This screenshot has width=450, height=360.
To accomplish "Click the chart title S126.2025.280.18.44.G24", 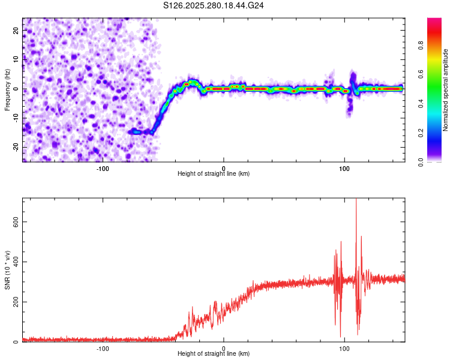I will click(x=214, y=5).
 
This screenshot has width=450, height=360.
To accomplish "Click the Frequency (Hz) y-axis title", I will click(x=7, y=90).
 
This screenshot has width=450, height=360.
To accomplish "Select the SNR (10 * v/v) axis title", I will click(x=7, y=270).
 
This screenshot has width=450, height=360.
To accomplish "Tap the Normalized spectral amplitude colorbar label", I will click(x=445, y=90).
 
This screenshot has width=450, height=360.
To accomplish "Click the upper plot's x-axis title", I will click(x=214, y=173).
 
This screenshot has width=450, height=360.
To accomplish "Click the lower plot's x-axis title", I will click(x=214, y=353).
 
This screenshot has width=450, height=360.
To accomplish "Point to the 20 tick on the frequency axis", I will click(x=16, y=30).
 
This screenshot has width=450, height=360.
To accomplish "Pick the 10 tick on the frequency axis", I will click(x=16, y=59).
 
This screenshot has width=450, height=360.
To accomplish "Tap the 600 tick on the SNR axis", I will click(x=16, y=221).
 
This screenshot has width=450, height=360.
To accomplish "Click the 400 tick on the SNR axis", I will click(x=16, y=262).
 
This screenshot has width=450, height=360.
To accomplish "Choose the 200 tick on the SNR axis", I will click(x=16, y=302).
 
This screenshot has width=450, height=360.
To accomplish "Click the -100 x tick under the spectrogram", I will click(x=103, y=167).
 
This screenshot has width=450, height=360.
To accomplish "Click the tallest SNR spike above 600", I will click(x=356, y=200).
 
